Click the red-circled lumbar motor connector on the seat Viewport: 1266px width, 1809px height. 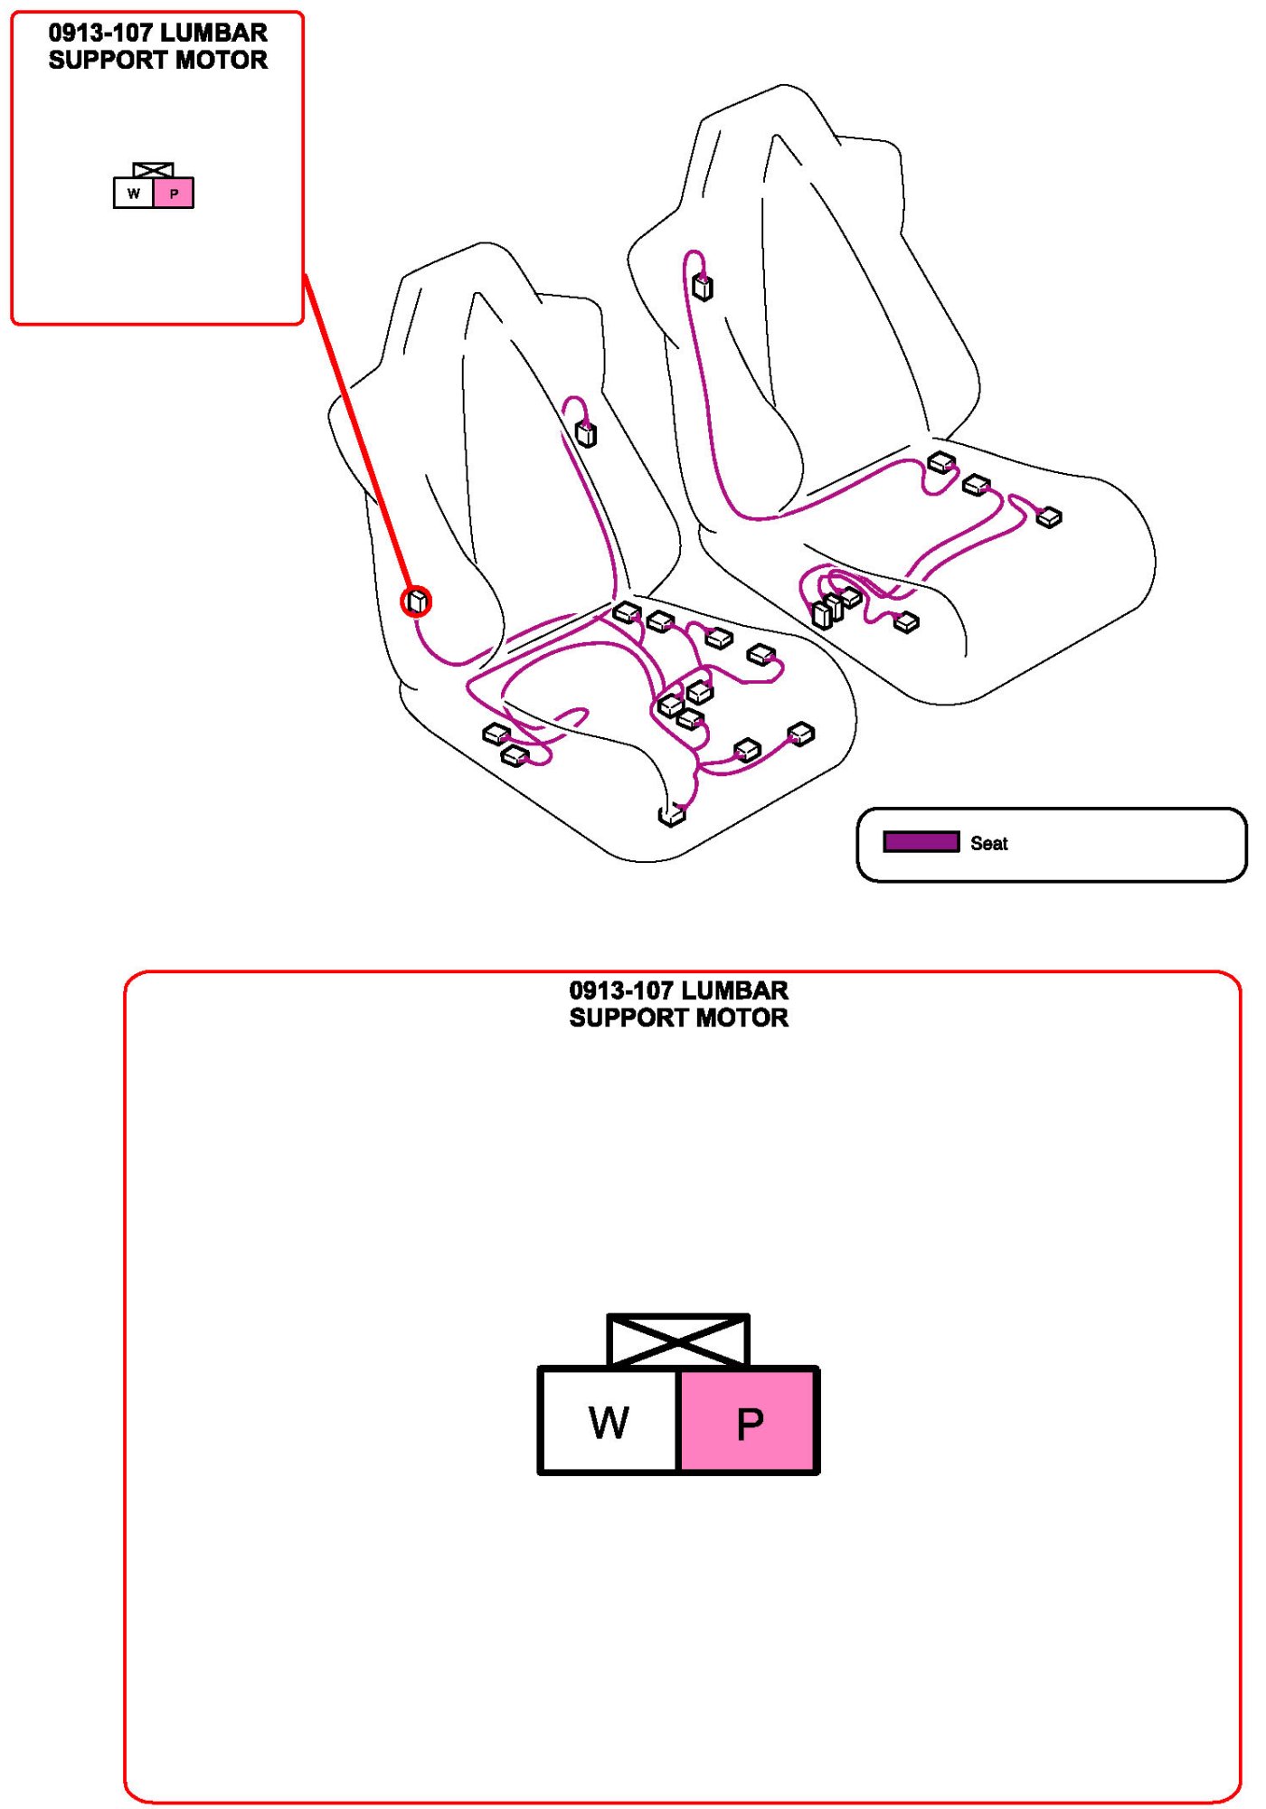[x=417, y=601]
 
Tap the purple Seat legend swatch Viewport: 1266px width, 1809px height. [x=921, y=842]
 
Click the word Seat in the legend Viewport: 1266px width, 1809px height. [x=988, y=843]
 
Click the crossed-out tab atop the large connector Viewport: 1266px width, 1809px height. [x=678, y=1340]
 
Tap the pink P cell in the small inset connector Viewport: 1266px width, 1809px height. [x=174, y=194]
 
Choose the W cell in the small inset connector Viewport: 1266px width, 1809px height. [x=134, y=194]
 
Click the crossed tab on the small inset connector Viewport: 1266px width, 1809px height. [x=153, y=170]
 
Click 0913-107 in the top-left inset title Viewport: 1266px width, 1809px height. [x=99, y=33]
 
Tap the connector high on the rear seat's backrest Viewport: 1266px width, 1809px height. [x=703, y=288]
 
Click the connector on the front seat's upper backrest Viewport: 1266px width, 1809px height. [x=586, y=435]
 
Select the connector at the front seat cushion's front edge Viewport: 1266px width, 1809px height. [x=671, y=816]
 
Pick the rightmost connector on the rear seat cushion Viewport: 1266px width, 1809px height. [x=1049, y=517]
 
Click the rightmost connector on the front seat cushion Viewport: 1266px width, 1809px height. [x=801, y=734]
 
